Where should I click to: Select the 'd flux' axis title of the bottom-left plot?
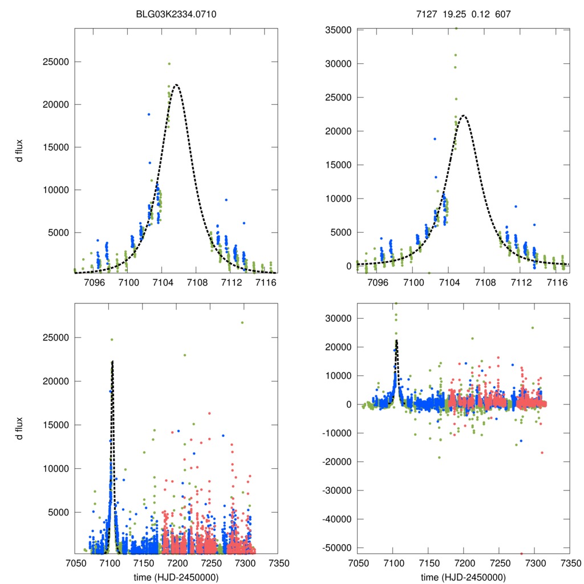[20, 428]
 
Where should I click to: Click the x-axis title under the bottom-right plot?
[463, 577]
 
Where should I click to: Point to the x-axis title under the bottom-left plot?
[176, 577]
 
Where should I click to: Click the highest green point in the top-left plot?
[169, 64]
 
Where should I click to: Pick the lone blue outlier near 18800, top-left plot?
[148, 114]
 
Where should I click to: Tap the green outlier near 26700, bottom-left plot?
[242, 322]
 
